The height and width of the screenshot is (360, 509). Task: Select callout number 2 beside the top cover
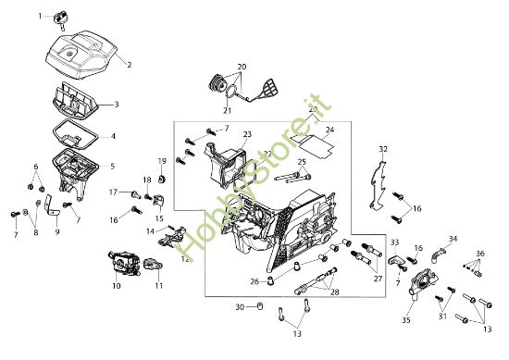pos(129,65)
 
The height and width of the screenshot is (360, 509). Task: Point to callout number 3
pos(115,105)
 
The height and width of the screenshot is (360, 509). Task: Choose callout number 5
pos(112,167)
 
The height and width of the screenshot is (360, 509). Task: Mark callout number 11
pos(158,286)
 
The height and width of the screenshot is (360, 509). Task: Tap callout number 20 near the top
pos(242,67)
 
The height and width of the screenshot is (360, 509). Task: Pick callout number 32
pos(383,148)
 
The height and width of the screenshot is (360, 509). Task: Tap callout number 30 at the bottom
pos(239,306)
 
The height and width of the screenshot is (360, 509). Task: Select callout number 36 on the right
pos(479,254)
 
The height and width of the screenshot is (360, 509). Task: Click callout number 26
pos(254,281)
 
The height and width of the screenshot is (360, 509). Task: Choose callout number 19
pos(162,161)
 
